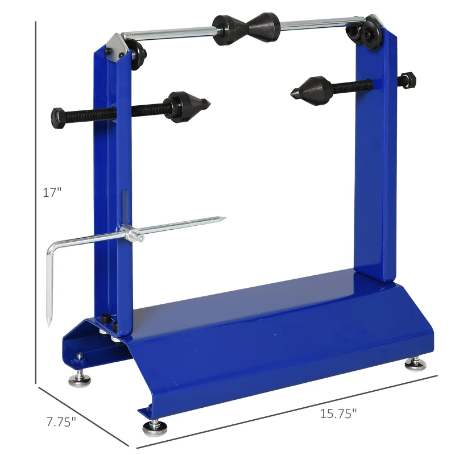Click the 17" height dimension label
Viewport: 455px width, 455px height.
52,192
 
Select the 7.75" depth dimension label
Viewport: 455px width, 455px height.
61,422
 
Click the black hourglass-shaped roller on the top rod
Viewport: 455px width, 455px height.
246,28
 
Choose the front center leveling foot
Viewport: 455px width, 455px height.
154,427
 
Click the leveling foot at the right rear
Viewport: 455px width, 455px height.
414,362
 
